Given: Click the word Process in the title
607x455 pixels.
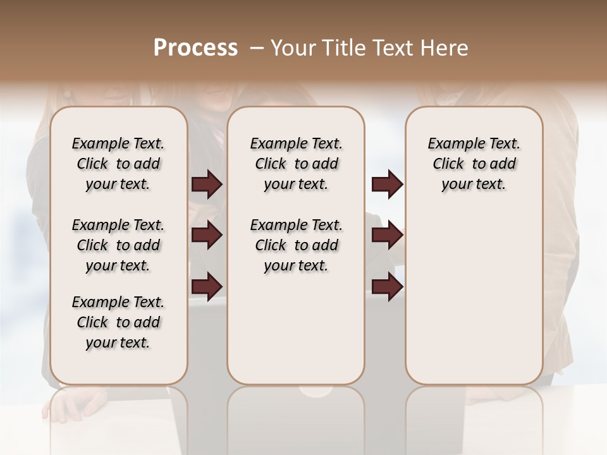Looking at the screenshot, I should click(x=195, y=47).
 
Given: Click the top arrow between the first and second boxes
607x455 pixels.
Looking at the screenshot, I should click(x=207, y=184).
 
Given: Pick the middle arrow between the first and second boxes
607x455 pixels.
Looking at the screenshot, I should click(x=207, y=235).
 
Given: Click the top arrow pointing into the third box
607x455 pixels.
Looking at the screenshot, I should click(x=387, y=184).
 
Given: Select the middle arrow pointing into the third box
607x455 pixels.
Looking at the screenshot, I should click(x=387, y=235).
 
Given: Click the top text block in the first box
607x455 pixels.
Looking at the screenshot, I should click(x=118, y=164).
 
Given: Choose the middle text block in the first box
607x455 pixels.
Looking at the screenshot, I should click(x=118, y=245).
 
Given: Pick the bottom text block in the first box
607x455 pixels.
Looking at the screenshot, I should click(x=118, y=322).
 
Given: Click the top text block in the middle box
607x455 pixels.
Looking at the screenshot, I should click(x=296, y=164).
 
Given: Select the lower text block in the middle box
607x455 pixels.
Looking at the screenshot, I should click(x=296, y=245).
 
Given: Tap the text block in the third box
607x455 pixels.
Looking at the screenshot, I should click(x=474, y=164).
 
